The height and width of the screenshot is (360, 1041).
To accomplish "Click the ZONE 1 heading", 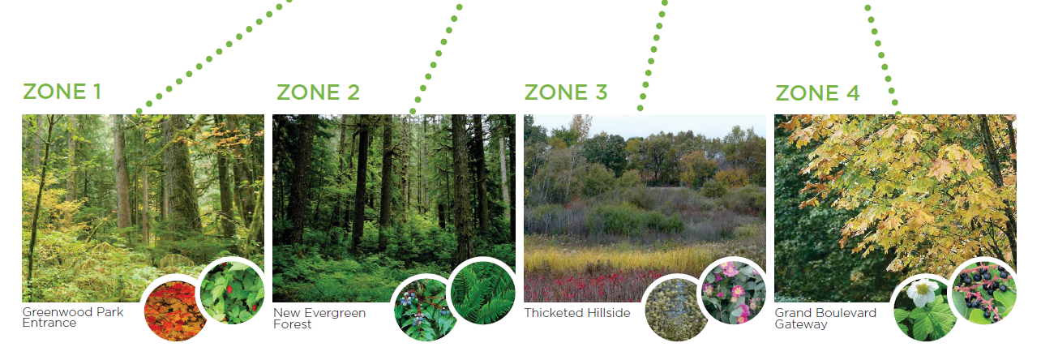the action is pos(62,92).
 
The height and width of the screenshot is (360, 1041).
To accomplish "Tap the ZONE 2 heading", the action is pos(318,92).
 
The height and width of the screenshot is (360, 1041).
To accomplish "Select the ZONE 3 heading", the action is pos(566,92).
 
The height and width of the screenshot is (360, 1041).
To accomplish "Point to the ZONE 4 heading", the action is pos(817,93).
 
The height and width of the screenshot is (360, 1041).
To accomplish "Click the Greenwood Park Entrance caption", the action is pos(73,317).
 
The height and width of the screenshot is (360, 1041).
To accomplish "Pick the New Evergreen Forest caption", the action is pos(319,318).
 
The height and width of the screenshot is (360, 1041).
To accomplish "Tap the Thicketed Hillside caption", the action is pos(577,313).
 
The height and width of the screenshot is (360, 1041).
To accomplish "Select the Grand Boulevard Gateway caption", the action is pos(825,318).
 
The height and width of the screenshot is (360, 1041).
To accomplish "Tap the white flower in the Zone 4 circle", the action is pos(922,292).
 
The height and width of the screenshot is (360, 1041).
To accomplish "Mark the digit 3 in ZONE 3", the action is pos(602,92).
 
